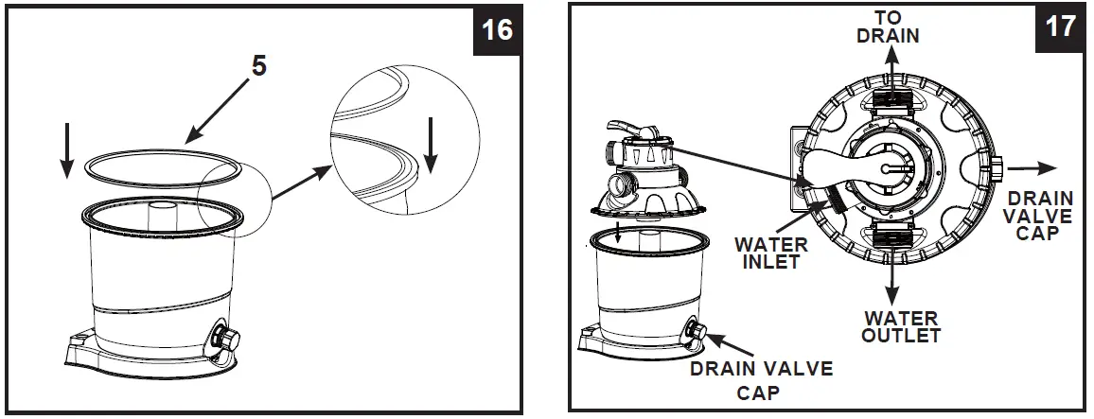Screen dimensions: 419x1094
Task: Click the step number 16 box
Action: coord(497,29)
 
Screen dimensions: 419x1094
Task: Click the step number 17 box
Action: coord(1060,26)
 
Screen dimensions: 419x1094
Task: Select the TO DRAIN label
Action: coord(889,27)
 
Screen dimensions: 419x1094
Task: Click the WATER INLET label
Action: coord(771,253)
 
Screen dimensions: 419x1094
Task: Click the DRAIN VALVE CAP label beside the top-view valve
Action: coord(1040,215)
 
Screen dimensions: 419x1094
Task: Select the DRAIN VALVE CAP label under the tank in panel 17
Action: coord(760,379)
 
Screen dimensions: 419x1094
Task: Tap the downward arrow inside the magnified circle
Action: coord(432,144)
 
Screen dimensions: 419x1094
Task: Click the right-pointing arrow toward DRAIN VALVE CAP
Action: coord(1032,168)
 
